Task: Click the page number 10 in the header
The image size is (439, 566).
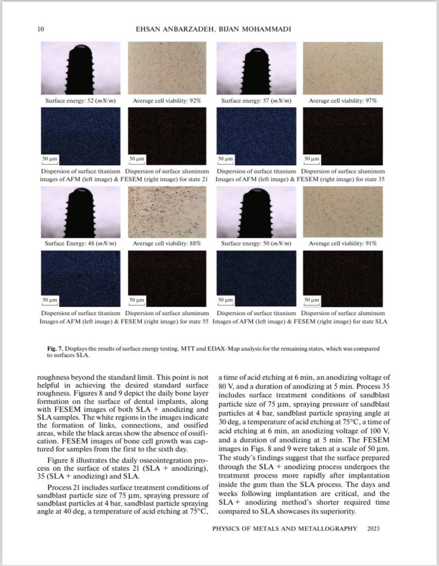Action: [41, 29]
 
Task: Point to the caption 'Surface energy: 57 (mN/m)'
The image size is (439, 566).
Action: [256, 101]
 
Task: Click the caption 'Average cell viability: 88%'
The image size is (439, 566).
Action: [167, 243]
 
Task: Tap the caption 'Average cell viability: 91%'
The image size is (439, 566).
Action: [343, 243]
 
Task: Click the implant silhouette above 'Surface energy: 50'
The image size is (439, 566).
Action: [256, 213]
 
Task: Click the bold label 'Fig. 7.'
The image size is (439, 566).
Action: [56, 349]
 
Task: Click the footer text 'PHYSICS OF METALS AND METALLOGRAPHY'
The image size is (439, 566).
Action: [285, 528]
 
